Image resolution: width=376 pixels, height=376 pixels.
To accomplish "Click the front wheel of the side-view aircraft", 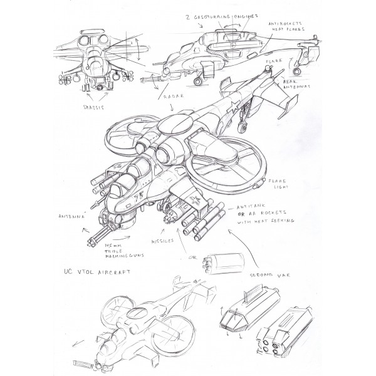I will [199, 80].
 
